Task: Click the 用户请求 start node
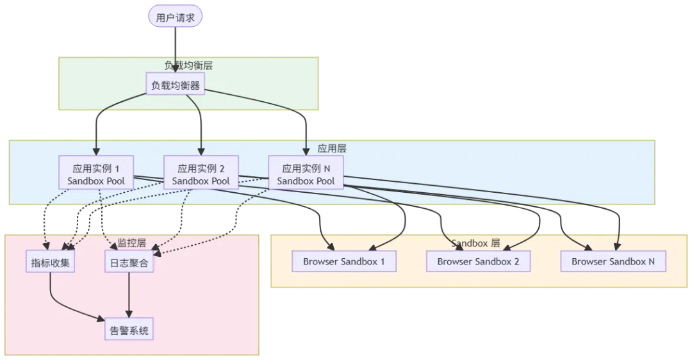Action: click(x=176, y=17)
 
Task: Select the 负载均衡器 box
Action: click(x=176, y=85)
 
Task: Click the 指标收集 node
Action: click(x=50, y=261)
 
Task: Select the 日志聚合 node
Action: click(x=129, y=261)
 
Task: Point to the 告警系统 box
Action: click(x=129, y=331)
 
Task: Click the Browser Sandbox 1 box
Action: click(x=344, y=261)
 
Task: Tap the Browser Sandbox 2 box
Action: click(x=478, y=261)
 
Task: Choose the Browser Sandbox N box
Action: click(x=613, y=261)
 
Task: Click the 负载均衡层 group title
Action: click(x=188, y=65)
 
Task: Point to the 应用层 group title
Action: click(x=332, y=148)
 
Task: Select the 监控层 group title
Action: click(x=132, y=243)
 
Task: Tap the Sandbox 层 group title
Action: click(x=475, y=243)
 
